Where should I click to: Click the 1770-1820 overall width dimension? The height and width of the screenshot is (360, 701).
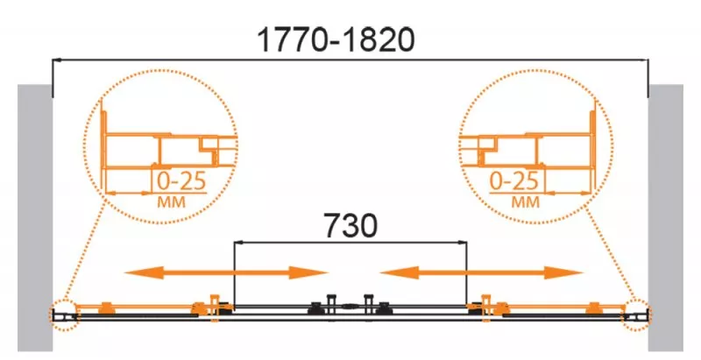click(x=336, y=39)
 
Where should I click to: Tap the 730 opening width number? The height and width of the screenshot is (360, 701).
click(x=350, y=225)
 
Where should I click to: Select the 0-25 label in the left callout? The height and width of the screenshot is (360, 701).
click(x=181, y=181)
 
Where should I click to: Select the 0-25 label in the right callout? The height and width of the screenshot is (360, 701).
click(x=514, y=181)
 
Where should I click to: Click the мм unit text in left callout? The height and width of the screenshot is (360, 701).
click(x=171, y=202)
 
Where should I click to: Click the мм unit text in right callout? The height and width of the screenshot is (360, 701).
click(x=526, y=202)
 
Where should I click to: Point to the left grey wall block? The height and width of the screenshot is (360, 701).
click(x=35, y=217)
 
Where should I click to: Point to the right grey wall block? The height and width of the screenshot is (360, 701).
click(x=666, y=217)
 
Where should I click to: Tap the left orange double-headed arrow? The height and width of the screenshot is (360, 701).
click(x=226, y=272)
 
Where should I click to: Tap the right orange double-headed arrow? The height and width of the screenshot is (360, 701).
click(x=481, y=272)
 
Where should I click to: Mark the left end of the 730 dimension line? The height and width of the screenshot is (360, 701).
click(x=234, y=243)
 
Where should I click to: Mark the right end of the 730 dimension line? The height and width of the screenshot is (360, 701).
click(x=467, y=243)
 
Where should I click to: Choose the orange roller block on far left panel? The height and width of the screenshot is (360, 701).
click(x=106, y=307)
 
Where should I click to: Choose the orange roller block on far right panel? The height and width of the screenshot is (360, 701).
click(x=595, y=307)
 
